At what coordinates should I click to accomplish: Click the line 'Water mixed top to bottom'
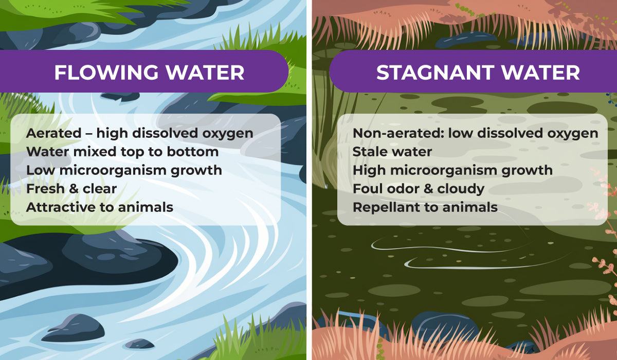tap(122, 152)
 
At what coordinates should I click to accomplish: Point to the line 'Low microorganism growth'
tap(124, 170)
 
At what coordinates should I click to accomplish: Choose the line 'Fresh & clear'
tap(71, 189)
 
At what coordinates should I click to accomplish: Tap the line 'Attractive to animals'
tap(100, 207)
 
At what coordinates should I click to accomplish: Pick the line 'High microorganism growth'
tap(452, 170)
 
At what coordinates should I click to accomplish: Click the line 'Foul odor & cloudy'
tap(419, 189)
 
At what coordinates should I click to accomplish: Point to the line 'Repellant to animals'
tap(425, 207)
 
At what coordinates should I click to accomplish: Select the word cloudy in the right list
tap(461, 189)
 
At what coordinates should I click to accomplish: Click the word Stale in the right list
tap(369, 152)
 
